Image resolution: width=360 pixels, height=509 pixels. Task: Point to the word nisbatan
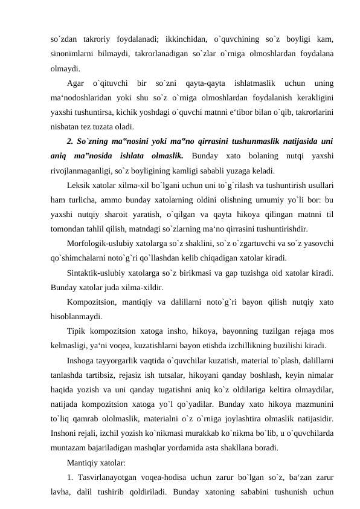click(x=65, y=126)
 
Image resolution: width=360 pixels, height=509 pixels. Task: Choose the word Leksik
click(x=80, y=185)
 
